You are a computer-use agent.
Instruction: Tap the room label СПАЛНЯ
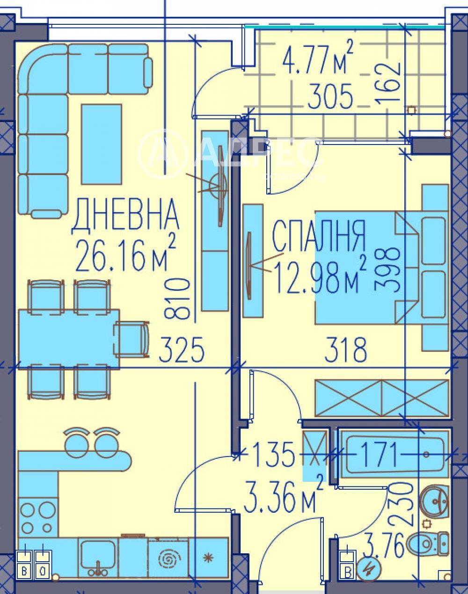(x=318, y=236)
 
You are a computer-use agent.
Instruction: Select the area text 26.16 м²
(x=125, y=255)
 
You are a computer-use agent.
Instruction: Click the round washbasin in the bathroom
(x=435, y=502)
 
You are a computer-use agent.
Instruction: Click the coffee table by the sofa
(x=102, y=144)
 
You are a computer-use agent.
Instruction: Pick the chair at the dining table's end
(x=133, y=338)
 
